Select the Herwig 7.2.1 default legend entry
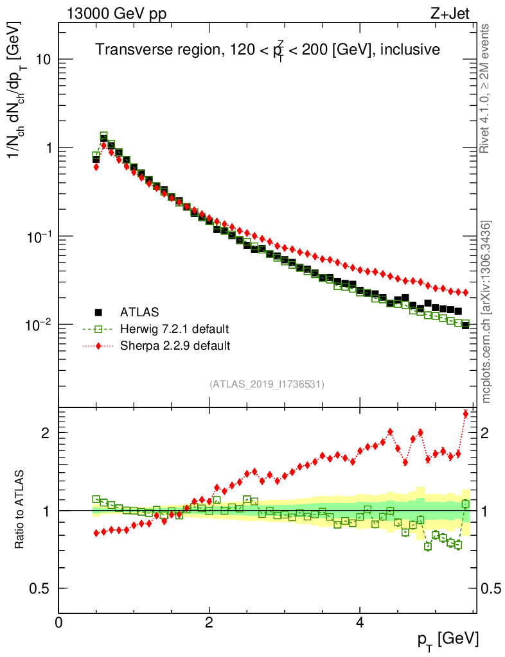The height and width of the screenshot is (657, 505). tap(174, 329)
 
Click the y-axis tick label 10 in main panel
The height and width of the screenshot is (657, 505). tap(43, 60)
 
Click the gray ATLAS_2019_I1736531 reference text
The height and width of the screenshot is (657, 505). tap(267, 384)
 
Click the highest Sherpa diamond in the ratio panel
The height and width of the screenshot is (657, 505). tap(466, 414)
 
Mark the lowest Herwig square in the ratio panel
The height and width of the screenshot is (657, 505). tap(428, 547)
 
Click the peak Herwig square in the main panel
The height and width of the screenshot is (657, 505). tap(103, 136)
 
